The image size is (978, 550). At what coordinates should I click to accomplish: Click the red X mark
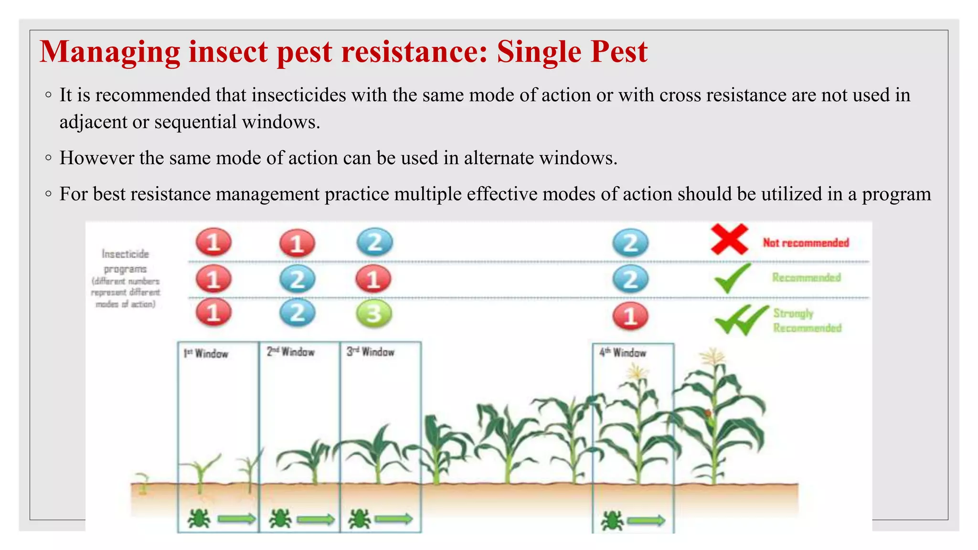[x=729, y=240]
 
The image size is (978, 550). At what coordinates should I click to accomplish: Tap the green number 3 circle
[x=374, y=314]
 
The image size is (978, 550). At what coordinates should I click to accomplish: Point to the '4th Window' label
[x=623, y=353]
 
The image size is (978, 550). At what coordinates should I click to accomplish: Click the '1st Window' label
[x=206, y=354]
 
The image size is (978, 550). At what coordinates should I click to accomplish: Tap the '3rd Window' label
[x=370, y=352]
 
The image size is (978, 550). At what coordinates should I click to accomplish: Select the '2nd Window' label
[x=290, y=352]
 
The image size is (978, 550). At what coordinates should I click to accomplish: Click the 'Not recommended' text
[x=806, y=243]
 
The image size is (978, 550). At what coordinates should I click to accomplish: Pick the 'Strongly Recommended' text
[x=807, y=320]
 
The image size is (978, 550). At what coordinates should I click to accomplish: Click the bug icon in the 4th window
[x=612, y=521]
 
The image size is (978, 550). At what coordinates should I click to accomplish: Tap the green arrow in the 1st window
[x=237, y=519]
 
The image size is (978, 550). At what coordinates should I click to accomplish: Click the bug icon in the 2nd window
[x=280, y=519]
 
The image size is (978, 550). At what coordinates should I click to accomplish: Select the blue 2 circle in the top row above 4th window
[x=630, y=243]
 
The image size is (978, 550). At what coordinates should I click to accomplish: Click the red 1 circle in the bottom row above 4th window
[x=630, y=316]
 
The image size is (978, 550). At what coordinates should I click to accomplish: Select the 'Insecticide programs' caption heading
[x=125, y=261]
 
